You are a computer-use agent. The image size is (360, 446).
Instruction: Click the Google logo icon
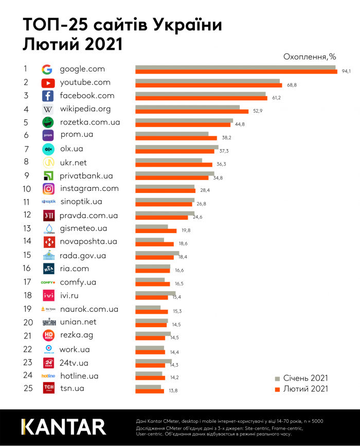click(47, 69)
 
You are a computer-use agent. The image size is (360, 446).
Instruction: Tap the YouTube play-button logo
click(48, 83)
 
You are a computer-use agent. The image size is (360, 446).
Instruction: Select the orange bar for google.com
click(236, 72)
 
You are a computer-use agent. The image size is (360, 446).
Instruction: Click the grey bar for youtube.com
click(207, 80)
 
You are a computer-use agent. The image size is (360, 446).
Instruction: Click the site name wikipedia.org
click(85, 109)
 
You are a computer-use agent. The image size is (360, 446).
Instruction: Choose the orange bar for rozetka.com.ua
click(183, 124)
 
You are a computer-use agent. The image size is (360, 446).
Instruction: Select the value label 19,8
click(185, 230)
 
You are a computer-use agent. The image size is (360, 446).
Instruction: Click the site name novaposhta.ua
click(88, 242)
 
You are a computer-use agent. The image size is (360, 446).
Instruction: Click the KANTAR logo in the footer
click(63, 427)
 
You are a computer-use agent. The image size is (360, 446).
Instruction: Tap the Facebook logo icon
click(48, 96)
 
